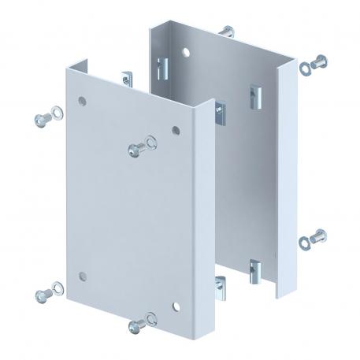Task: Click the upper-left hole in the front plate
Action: [82, 101]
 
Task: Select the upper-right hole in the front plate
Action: [175, 128]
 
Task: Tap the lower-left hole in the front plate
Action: [82, 276]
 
